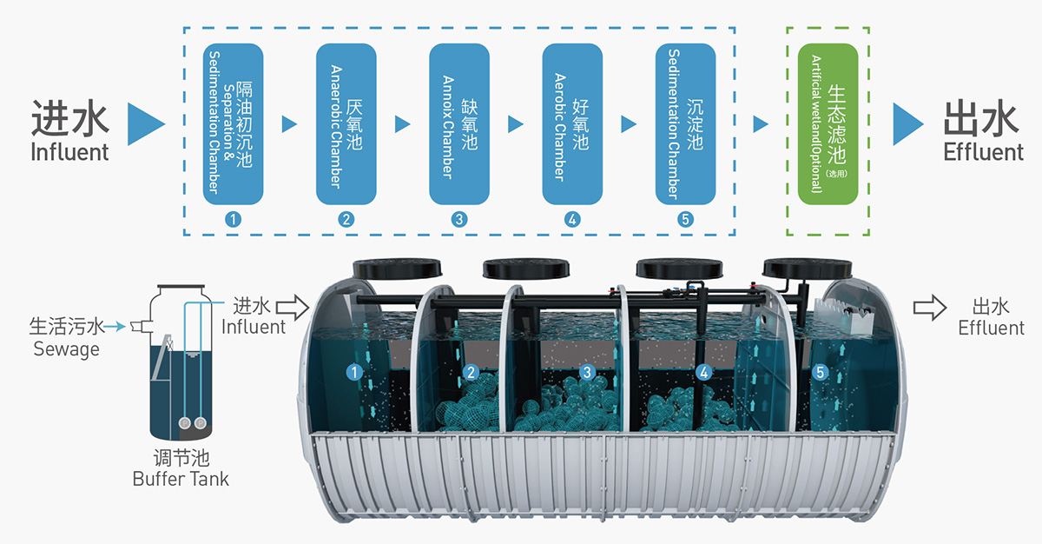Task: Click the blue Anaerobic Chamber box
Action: (x=346, y=124)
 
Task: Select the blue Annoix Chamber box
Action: (x=459, y=124)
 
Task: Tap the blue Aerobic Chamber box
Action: (x=572, y=124)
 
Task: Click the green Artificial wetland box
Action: (x=828, y=124)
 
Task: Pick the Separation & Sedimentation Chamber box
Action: (x=233, y=124)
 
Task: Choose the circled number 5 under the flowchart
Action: (x=686, y=219)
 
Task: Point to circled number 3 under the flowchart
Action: (x=459, y=219)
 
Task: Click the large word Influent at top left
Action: (x=70, y=152)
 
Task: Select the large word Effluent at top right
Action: (x=983, y=152)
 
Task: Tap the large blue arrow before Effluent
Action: (x=907, y=124)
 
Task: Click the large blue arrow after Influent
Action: (x=145, y=124)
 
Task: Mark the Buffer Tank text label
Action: (x=181, y=478)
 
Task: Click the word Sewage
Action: (x=67, y=349)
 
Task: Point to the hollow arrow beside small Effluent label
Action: (x=929, y=307)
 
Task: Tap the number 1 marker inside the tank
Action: (x=354, y=373)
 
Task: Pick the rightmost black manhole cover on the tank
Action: (x=796, y=268)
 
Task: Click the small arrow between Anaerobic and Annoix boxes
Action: (x=402, y=124)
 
